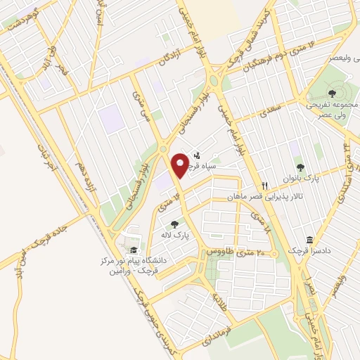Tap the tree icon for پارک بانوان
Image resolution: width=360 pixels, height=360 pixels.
pyautogui.click(x=301, y=167)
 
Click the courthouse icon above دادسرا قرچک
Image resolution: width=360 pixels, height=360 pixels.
pyautogui.click(x=309, y=239)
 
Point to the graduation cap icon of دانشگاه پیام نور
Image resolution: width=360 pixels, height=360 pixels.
pyautogui.click(x=131, y=250)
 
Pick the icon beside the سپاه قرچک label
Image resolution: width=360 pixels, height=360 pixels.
pyautogui.click(x=197, y=155)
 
